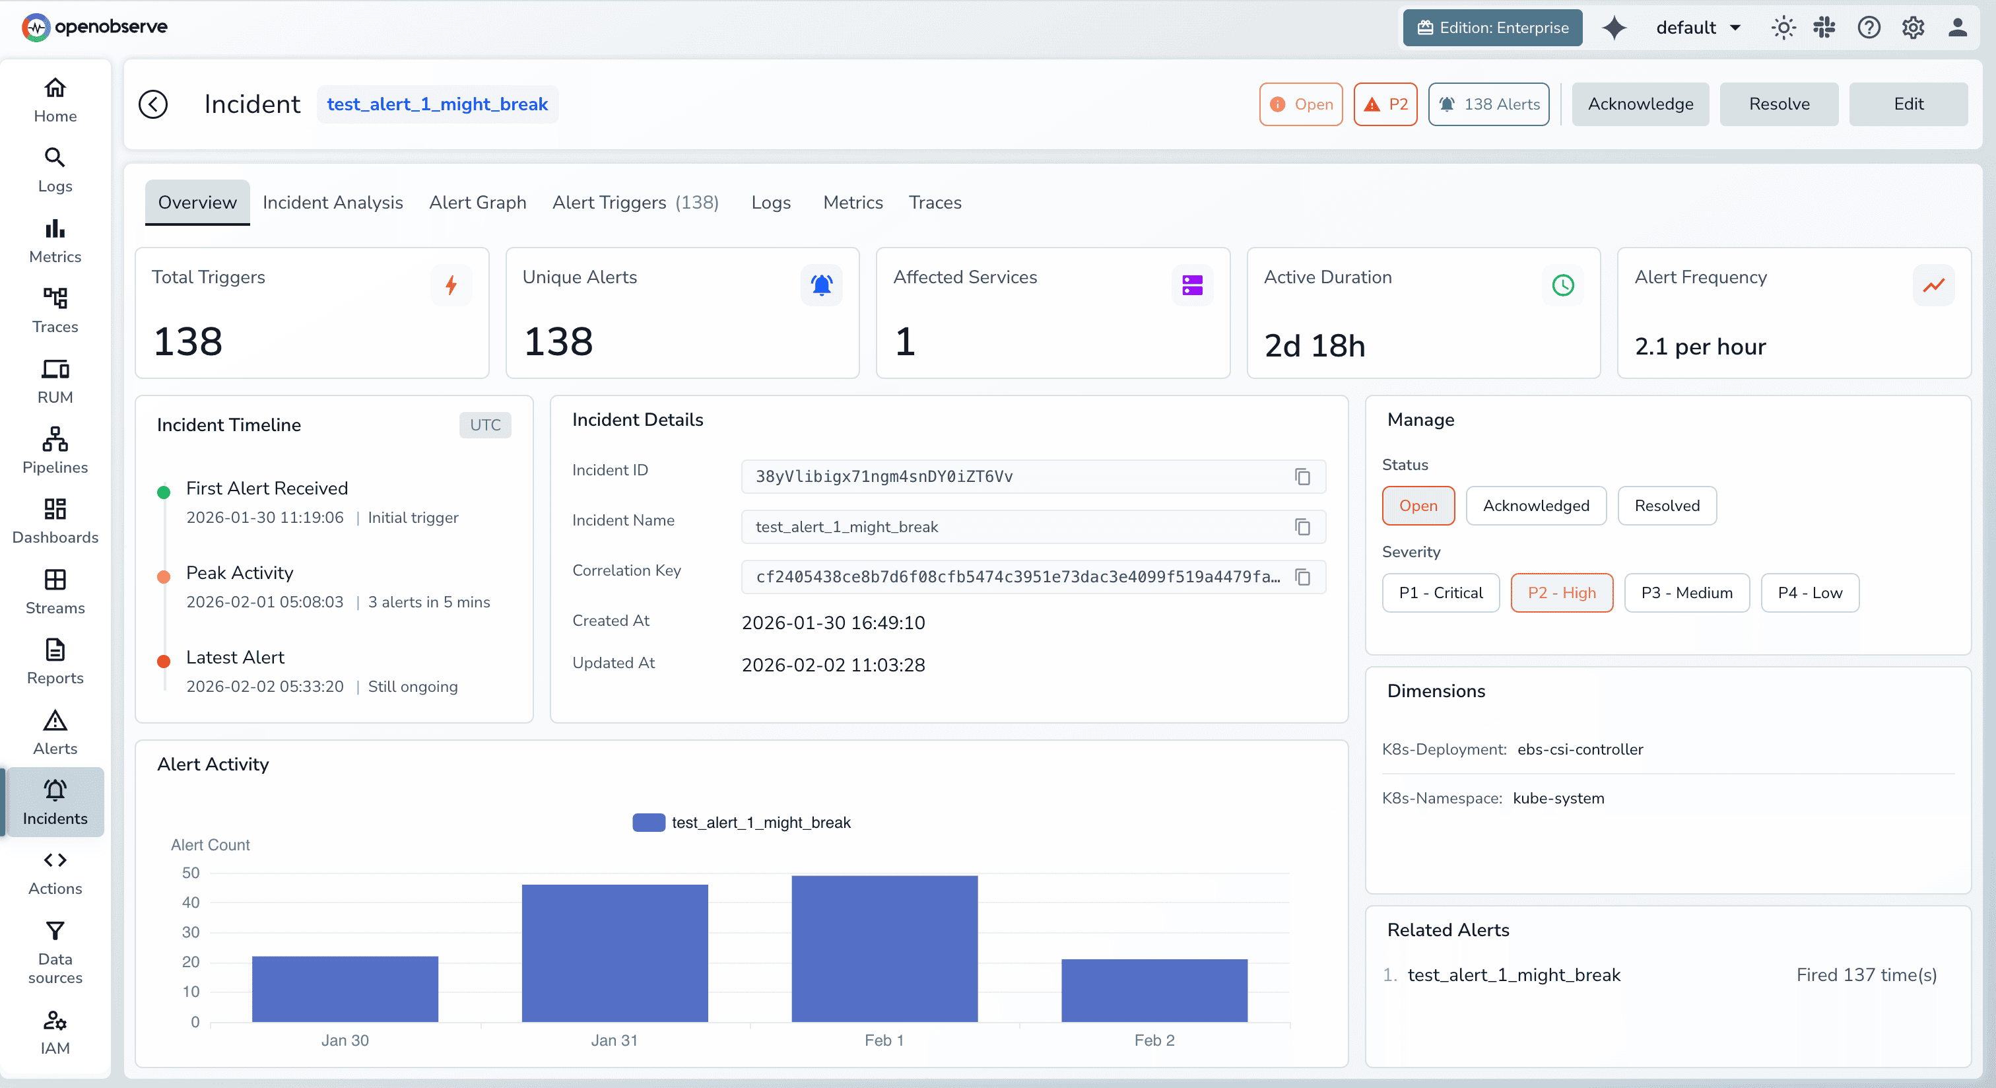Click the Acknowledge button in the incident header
pos(1640,104)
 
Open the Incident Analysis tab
pos(333,202)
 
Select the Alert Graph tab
pos(477,202)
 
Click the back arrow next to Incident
pos(152,104)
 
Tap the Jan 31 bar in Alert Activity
pos(615,953)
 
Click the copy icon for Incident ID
pos(1302,477)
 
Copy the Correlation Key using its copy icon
pos(1302,577)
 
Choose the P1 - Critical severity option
pos(1440,593)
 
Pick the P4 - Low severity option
pos(1809,593)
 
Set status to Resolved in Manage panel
pos(1667,505)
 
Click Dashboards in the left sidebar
pos(55,521)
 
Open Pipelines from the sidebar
pos(55,450)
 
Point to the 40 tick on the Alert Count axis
pos(191,902)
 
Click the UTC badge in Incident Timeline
pos(485,425)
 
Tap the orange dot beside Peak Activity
pos(164,577)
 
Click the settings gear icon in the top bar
pos(1912,28)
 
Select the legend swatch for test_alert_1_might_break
pos(649,822)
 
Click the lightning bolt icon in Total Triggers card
pos(451,285)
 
